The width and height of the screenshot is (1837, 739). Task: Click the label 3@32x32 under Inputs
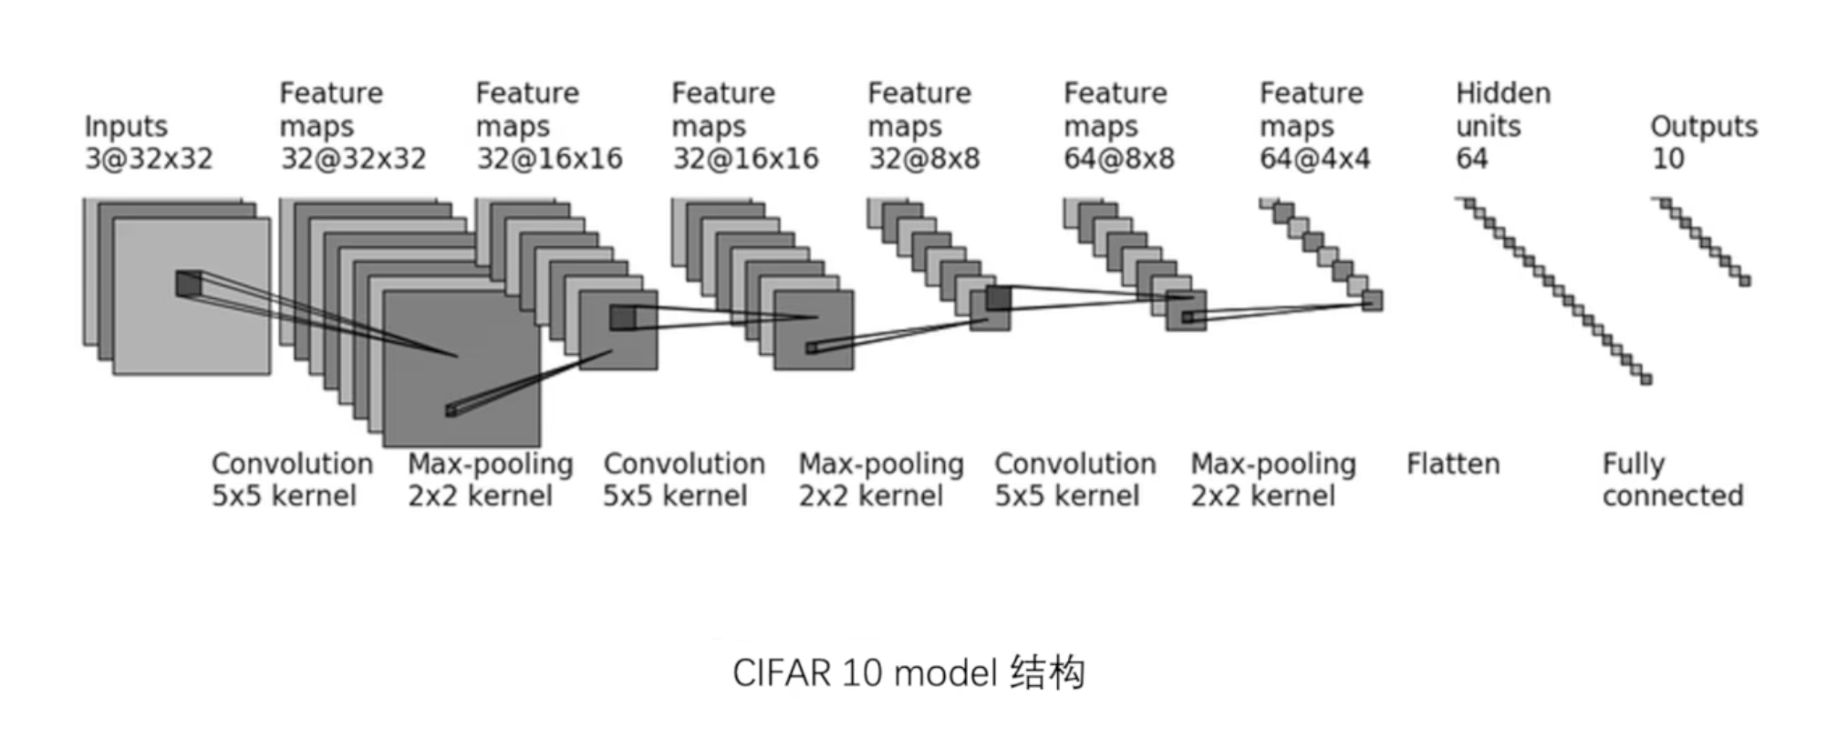click(149, 159)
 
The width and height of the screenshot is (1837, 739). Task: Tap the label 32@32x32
click(353, 159)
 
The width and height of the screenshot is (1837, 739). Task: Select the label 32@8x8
click(924, 159)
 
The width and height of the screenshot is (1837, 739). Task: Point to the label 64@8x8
click(1119, 159)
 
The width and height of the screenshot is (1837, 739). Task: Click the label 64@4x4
click(1315, 159)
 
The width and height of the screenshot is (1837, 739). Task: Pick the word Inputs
click(126, 126)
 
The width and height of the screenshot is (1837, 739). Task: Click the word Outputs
click(1704, 126)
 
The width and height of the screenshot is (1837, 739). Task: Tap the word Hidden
click(1503, 93)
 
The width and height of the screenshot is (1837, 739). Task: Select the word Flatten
click(1453, 464)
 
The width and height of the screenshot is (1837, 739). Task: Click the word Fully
click(1634, 464)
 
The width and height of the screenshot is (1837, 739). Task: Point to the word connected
click(1673, 496)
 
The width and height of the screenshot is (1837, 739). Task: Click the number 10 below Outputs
click(1668, 159)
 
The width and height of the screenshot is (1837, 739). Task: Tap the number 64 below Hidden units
click(1472, 159)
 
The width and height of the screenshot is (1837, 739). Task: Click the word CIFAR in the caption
click(782, 674)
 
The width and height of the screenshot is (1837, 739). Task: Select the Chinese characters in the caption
click(1048, 673)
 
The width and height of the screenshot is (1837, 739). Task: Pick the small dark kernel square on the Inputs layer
click(188, 283)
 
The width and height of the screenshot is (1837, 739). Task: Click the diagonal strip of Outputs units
click(1702, 242)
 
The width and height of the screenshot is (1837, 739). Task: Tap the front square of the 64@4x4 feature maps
click(1372, 300)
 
